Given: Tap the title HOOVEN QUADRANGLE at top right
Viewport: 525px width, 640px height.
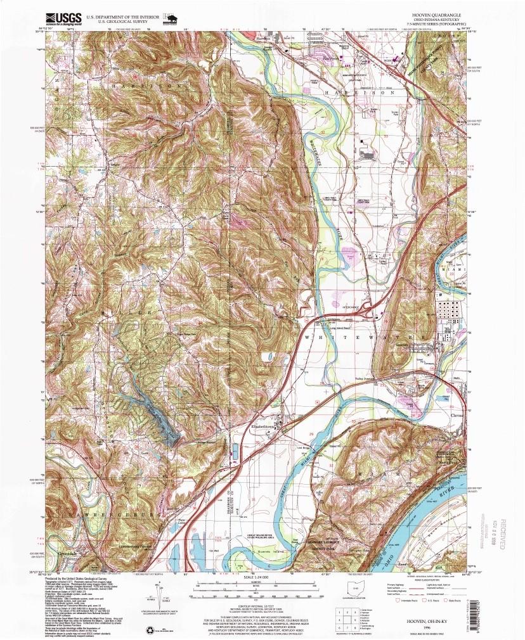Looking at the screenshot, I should point(437,13).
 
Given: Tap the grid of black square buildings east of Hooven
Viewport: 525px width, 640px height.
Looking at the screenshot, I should point(448,313).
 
